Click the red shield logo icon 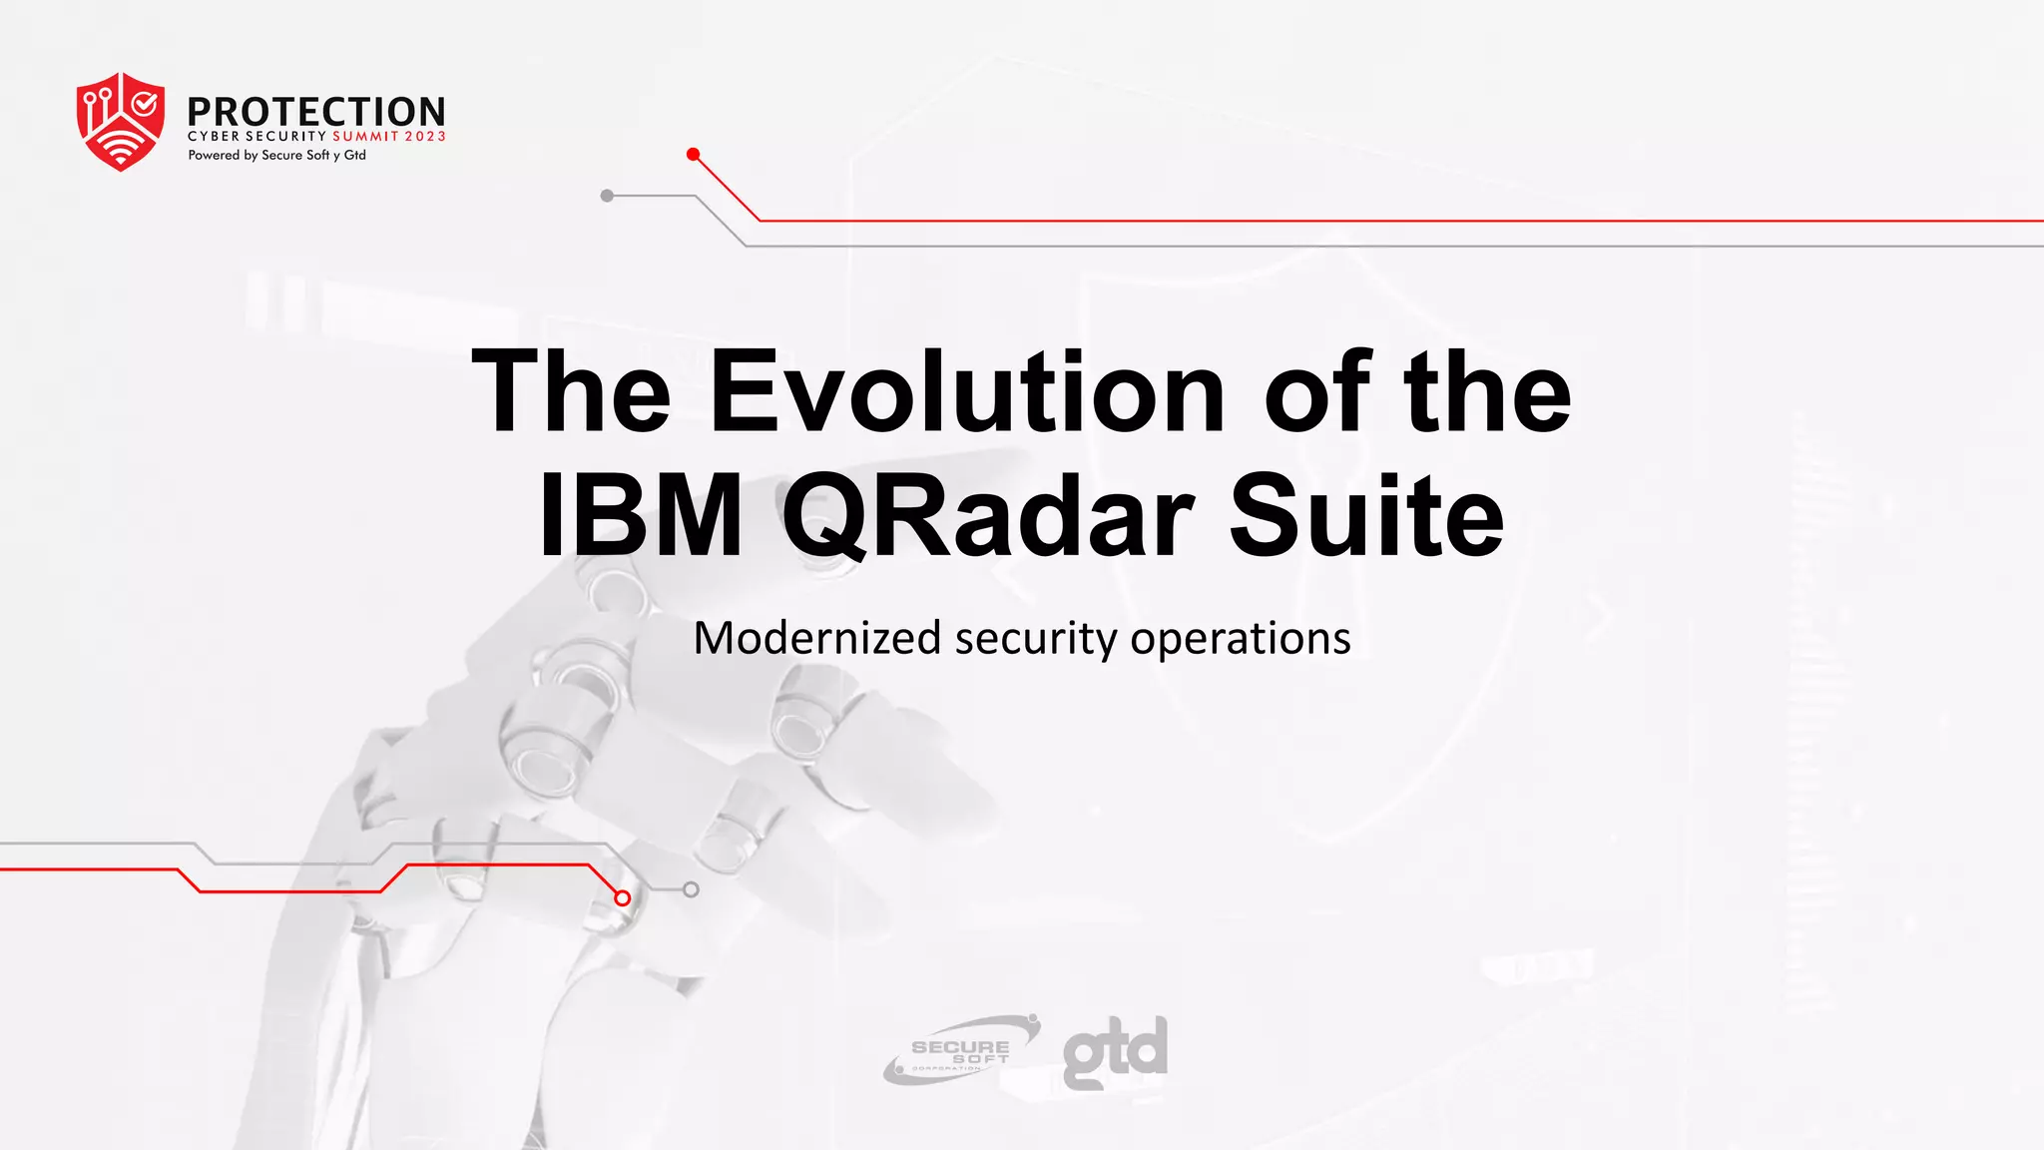click(120, 121)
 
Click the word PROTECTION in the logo click(315, 112)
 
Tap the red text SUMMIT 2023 click(388, 137)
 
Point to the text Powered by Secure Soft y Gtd click(276, 156)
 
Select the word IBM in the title click(640, 517)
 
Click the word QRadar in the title click(986, 517)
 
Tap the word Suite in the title click(1365, 517)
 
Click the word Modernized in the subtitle click(816, 639)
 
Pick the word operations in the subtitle click(1240, 639)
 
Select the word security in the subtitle click(1035, 639)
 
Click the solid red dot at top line click(693, 154)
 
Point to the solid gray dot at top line click(607, 196)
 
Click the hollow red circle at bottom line click(623, 898)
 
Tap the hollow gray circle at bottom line click(691, 889)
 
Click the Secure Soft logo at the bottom click(960, 1050)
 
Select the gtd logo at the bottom click(1115, 1051)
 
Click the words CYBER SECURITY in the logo click(257, 137)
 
